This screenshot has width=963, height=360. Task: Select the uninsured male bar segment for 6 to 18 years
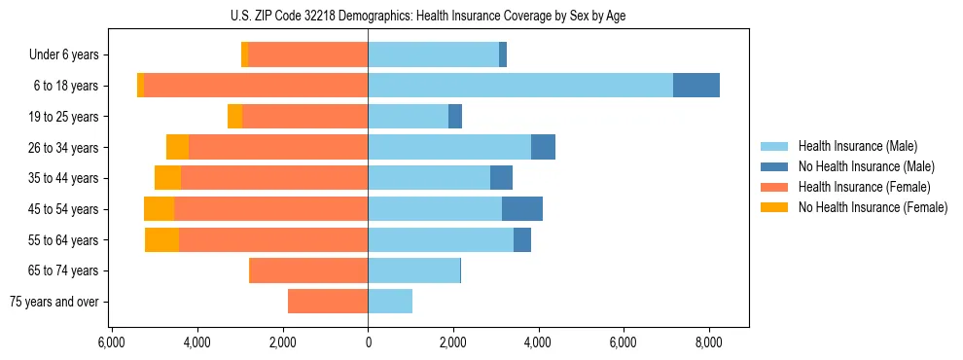pyautogui.click(x=696, y=86)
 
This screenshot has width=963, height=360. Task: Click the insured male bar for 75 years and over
pyautogui.click(x=390, y=302)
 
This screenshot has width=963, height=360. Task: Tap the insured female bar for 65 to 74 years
pyautogui.click(x=308, y=270)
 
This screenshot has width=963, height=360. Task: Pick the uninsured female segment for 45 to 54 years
pyautogui.click(x=159, y=209)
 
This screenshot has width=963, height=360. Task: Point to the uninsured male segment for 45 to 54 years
pyautogui.click(x=522, y=209)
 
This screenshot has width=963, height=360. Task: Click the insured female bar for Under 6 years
pyautogui.click(x=307, y=54)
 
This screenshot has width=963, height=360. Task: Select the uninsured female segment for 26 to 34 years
pyautogui.click(x=177, y=147)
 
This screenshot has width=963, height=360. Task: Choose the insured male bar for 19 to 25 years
pyautogui.click(x=408, y=117)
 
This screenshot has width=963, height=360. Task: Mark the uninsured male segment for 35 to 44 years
pyautogui.click(x=501, y=178)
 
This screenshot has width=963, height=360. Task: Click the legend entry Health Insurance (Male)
pyautogui.click(x=852, y=147)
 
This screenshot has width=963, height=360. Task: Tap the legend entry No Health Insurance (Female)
pyautogui.click(x=873, y=207)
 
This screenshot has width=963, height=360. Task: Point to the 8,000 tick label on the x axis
pyautogui.click(x=708, y=342)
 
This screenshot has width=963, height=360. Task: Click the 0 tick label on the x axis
pyautogui.click(x=368, y=342)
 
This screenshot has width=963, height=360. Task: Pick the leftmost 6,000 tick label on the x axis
pyautogui.click(x=112, y=342)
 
